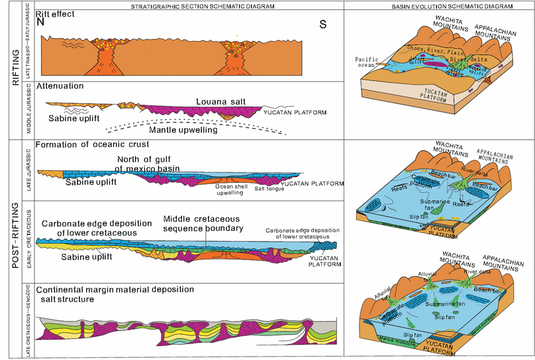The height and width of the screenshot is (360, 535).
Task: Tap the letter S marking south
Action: pyautogui.click(x=322, y=24)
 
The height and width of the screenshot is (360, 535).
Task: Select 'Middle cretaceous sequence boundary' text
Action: pyautogui.click(x=202, y=224)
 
